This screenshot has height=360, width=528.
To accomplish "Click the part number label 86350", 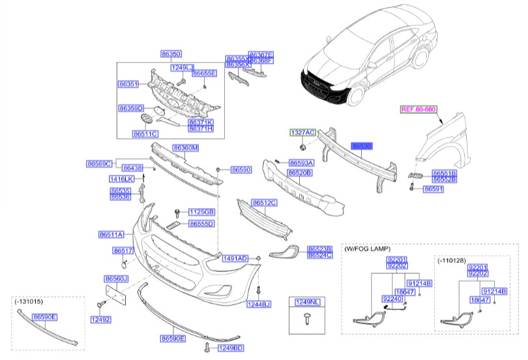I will (171, 54).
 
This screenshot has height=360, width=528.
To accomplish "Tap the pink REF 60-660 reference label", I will (418, 110).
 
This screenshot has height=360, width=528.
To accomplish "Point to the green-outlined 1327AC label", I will (302, 132).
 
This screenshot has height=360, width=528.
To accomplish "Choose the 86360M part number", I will (185, 149).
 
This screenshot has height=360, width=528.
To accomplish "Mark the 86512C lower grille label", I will (264, 203).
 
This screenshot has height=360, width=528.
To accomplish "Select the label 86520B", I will (301, 173).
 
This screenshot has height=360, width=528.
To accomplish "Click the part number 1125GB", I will (201, 212).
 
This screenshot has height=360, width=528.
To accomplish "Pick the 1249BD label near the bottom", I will (230, 348).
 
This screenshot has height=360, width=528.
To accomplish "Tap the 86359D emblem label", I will (131, 108).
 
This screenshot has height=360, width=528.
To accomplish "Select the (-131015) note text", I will (27, 303).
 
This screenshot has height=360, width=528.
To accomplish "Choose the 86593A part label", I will (301, 162).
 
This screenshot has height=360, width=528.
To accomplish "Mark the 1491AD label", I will (235, 259).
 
